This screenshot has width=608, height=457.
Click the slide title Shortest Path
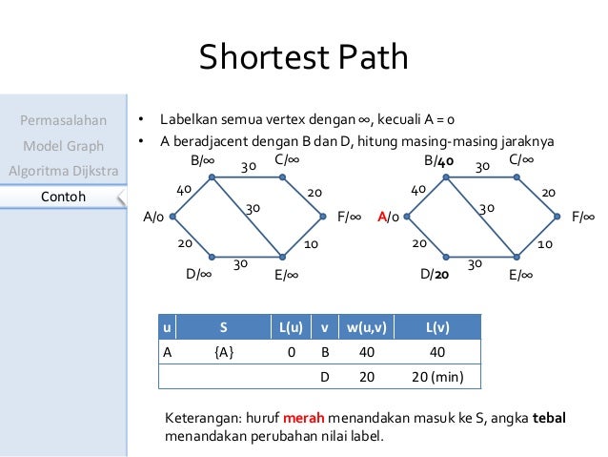303,58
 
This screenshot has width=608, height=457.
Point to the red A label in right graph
382,218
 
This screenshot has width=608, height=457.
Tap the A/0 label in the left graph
152,218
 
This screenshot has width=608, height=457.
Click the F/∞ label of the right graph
583,218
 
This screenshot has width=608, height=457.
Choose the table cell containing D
324,377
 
